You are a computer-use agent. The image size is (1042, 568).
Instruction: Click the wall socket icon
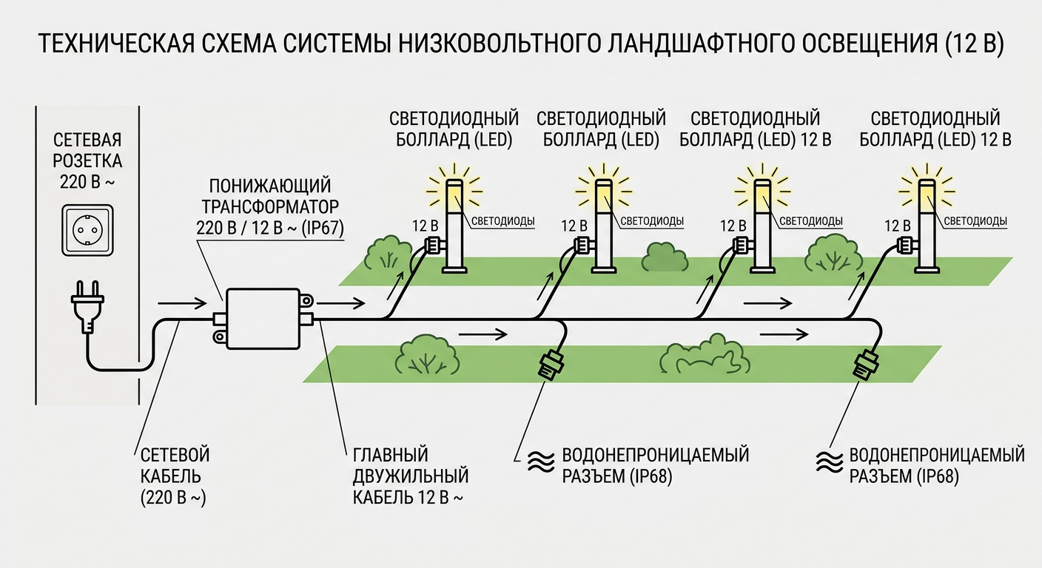pos(87,230)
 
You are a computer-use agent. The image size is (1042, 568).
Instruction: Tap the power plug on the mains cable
pos(87,307)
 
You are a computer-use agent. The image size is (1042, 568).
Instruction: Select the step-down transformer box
pos(263,319)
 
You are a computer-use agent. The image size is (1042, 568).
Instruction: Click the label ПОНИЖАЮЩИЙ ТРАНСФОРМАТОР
pos(270,196)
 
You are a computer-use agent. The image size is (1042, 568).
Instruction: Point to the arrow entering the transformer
pos(182,303)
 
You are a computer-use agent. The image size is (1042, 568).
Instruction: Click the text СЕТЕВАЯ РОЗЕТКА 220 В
pos(87,160)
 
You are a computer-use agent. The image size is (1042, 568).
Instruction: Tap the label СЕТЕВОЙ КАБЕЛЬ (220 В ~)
pos(175,476)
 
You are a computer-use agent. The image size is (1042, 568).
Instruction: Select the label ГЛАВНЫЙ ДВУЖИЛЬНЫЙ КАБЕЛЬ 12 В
pos(410,476)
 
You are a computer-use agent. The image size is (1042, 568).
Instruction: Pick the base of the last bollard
pos(928,269)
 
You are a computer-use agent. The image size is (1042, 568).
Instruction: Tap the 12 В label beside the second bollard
pos(574,226)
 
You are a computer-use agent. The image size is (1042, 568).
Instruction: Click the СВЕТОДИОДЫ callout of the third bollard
pos(811,221)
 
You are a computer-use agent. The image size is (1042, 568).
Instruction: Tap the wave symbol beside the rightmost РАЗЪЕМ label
pos(830,462)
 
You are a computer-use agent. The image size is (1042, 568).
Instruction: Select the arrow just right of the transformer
pos(341,303)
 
